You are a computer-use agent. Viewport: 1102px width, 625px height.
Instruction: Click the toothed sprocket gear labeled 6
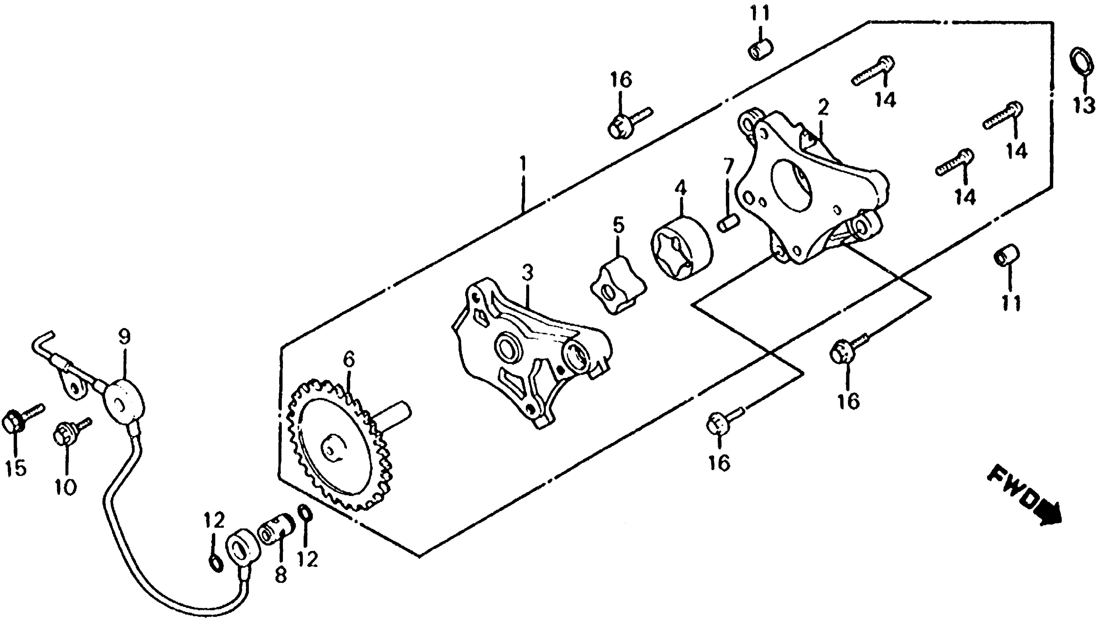[339, 446]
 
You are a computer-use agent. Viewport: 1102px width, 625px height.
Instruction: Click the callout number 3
[527, 272]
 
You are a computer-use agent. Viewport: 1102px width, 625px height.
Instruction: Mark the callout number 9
[125, 337]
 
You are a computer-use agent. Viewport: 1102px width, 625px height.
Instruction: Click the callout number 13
[1084, 105]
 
